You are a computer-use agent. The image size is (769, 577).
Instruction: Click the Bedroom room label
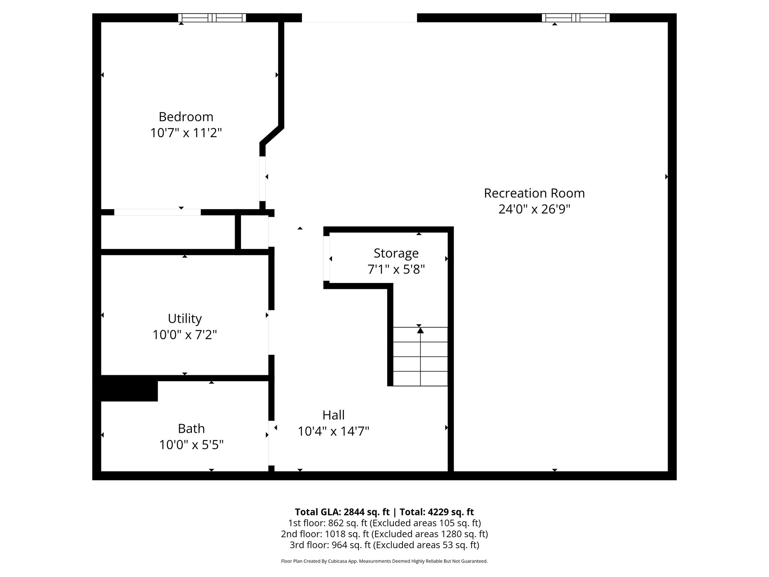point(186,117)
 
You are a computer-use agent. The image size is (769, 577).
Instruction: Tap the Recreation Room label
point(534,193)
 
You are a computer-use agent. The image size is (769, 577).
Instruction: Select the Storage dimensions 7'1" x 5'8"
point(396,269)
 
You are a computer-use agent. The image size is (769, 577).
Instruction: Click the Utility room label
point(185,319)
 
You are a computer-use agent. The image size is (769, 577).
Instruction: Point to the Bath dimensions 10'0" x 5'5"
point(191,445)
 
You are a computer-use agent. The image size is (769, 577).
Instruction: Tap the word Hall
point(333,415)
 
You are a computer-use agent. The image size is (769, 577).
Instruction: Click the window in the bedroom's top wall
point(212,18)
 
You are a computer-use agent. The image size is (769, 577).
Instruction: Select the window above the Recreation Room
point(575,18)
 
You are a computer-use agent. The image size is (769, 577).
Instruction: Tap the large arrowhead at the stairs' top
point(420,330)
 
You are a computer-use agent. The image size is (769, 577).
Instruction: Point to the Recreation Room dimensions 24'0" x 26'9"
point(534,209)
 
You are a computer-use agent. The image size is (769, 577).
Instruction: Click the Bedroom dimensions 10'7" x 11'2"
point(186,133)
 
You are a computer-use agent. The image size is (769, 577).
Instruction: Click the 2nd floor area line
point(384,534)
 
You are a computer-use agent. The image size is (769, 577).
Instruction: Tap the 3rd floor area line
point(384,545)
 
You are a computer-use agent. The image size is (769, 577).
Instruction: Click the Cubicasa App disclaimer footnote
point(384,561)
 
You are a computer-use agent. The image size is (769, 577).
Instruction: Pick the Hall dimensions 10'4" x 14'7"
point(333,431)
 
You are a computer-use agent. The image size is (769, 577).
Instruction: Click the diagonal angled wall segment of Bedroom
point(271,136)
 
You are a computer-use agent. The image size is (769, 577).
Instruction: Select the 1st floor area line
point(384,523)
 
